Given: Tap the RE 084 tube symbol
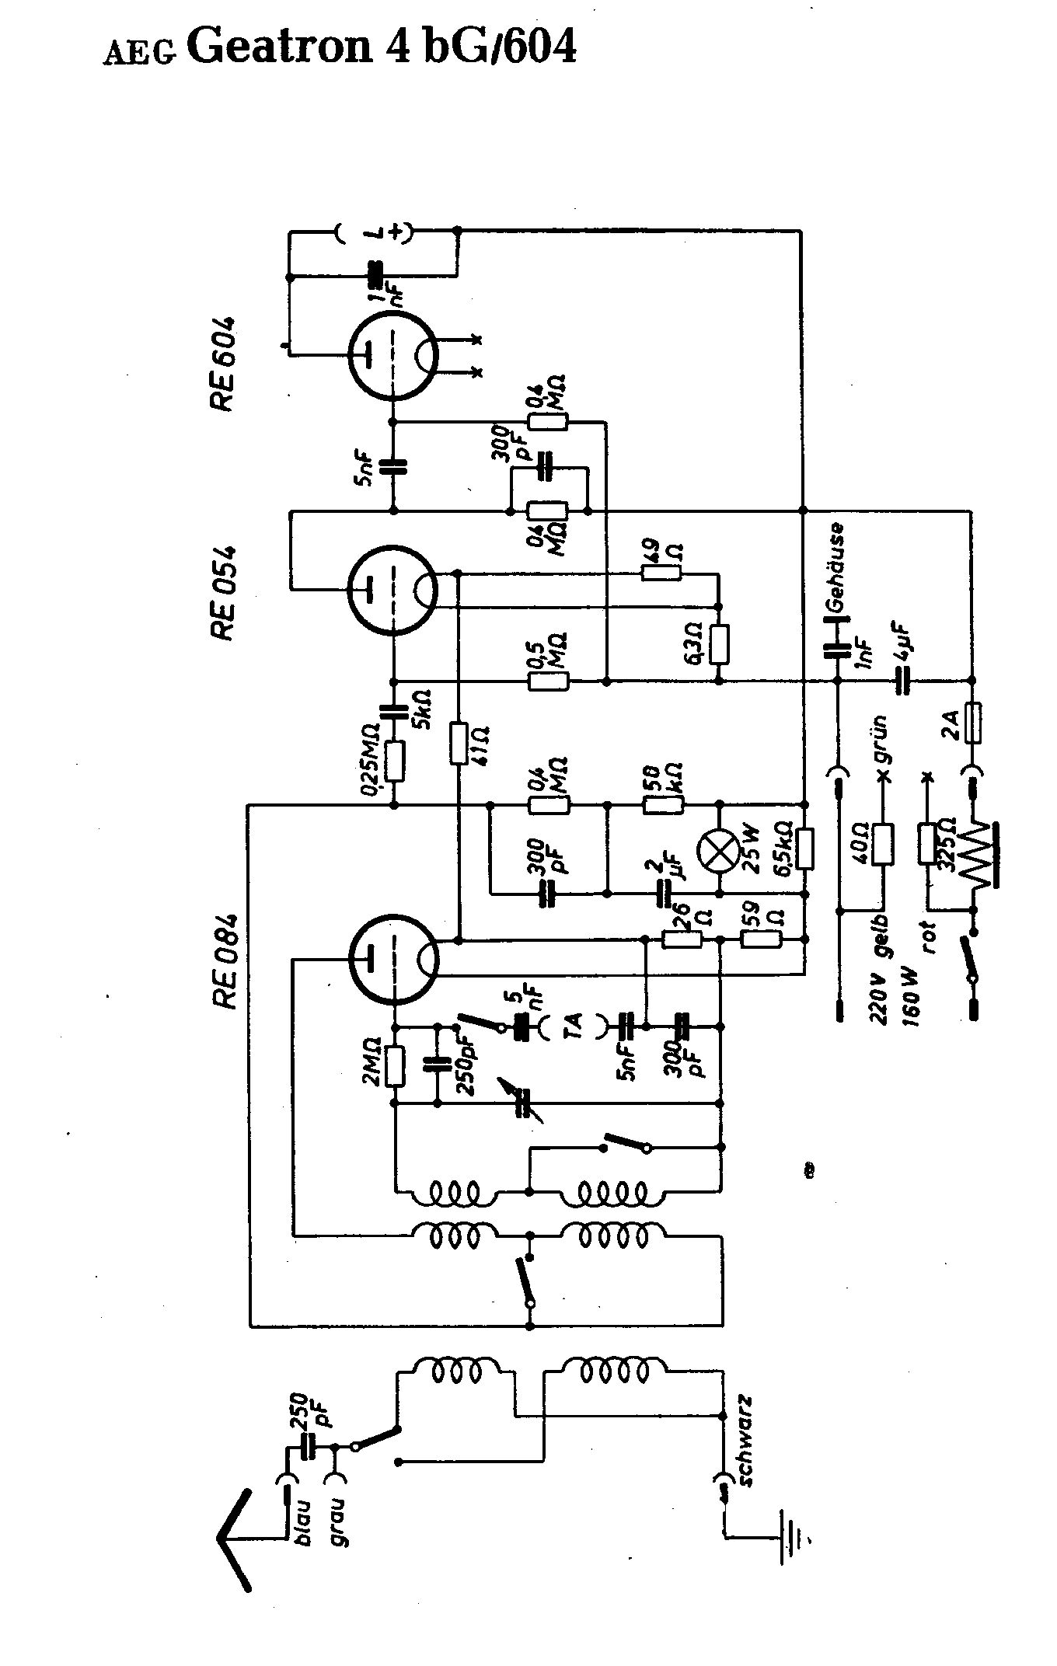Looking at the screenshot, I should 392,958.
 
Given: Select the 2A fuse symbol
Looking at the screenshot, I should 971,723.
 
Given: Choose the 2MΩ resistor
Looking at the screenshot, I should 395,1067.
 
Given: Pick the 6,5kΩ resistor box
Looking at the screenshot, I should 805,849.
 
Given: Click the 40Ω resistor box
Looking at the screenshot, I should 883,844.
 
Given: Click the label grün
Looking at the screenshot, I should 881,738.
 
